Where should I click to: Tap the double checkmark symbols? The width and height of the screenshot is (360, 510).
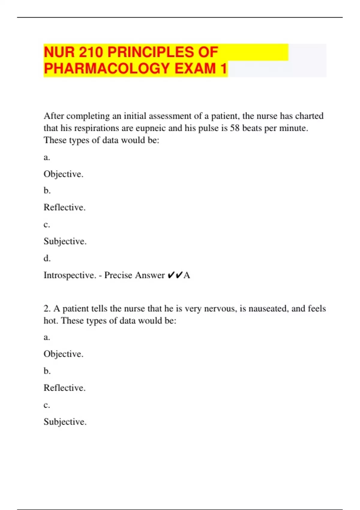pos(175,275)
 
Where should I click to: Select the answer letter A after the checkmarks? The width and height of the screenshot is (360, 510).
pos(187,275)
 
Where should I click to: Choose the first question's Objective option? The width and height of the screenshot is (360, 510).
pos(63,174)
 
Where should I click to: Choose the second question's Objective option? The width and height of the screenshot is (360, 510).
pos(63,354)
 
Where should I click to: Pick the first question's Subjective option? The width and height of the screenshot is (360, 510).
pos(65,241)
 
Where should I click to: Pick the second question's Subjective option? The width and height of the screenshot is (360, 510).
pos(65,422)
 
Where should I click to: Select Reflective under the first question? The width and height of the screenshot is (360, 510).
pos(64,207)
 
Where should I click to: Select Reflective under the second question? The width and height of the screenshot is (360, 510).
pos(64,388)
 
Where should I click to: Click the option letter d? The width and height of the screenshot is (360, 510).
pos(47,258)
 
